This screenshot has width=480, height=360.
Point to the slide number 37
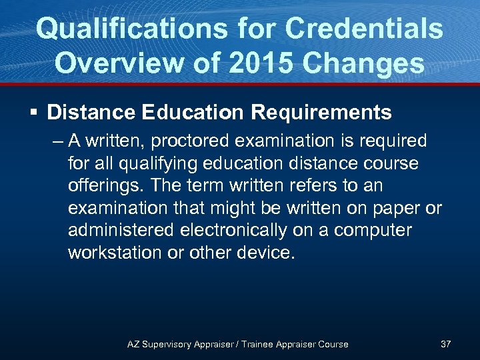click(446, 344)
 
